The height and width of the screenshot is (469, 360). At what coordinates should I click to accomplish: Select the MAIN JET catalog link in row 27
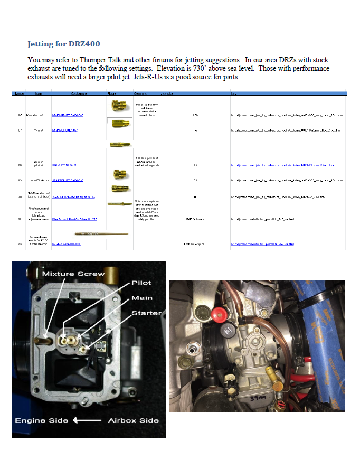[65, 130]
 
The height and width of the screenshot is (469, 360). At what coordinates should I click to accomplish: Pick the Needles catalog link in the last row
[67, 244]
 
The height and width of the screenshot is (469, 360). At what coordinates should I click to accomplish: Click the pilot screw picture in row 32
[119, 203]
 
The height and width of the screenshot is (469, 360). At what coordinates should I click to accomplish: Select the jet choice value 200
[195, 115]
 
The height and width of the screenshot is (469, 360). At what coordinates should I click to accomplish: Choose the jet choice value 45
[195, 165]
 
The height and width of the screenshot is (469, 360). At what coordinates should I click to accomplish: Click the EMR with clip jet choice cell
[195, 244]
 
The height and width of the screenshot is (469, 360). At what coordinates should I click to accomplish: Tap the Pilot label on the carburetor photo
[141, 283]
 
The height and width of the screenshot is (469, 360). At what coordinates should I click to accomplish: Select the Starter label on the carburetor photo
[146, 313]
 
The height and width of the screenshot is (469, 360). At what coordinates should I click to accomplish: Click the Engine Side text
[41, 420]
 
